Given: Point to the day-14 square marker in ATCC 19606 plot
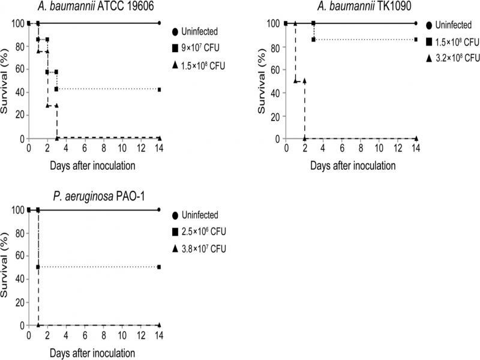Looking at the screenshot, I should click(x=159, y=89).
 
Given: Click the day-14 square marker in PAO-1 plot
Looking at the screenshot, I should click(x=159, y=266).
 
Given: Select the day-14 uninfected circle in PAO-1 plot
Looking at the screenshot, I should click(x=159, y=209).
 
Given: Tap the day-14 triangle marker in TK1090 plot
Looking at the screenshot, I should click(x=416, y=138).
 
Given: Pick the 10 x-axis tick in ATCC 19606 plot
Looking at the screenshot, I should click(x=122, y=149).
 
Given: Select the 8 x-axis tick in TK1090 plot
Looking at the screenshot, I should click(x=360, y=149).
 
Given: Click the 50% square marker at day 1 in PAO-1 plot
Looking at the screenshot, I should click(x=38, y=267).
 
